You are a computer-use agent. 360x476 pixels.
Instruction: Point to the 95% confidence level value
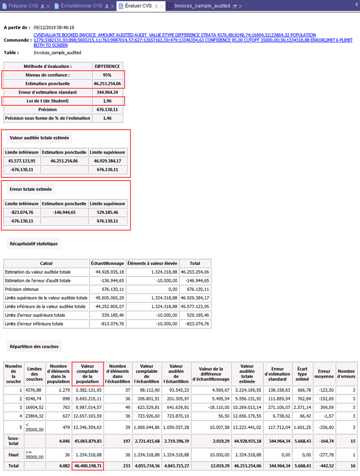click(x=107, y=75)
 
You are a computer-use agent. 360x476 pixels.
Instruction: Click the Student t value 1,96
click(x=107, y=100)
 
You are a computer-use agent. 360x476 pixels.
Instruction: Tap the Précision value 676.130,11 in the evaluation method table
click(x=107, y=109)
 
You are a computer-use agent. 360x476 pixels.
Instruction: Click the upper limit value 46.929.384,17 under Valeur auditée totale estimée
click(x=107, y=161)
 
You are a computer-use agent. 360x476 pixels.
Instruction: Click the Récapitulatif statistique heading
click(x=34, y=244)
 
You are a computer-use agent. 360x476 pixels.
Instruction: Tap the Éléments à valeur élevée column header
click(x=153, y=263)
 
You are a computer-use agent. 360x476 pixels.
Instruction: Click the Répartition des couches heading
click(x=34, y=346)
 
